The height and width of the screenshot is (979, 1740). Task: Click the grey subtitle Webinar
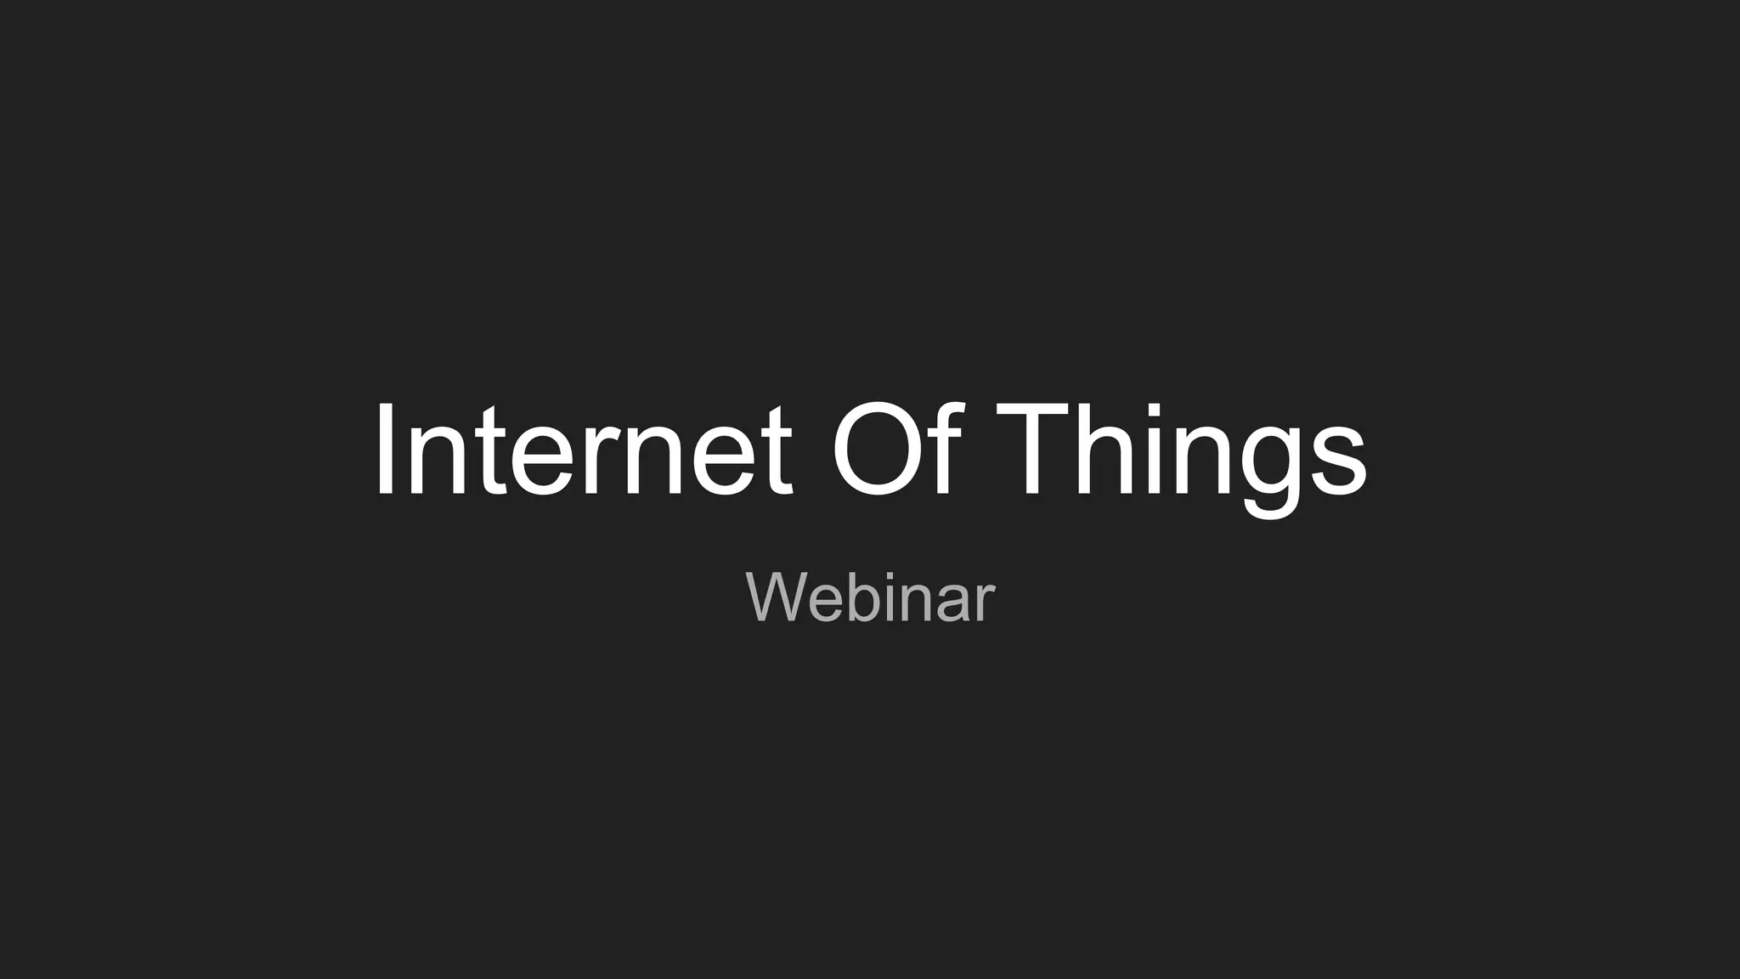[x=870, y=597]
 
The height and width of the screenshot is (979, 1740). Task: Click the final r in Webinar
[x=985, y=603]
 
